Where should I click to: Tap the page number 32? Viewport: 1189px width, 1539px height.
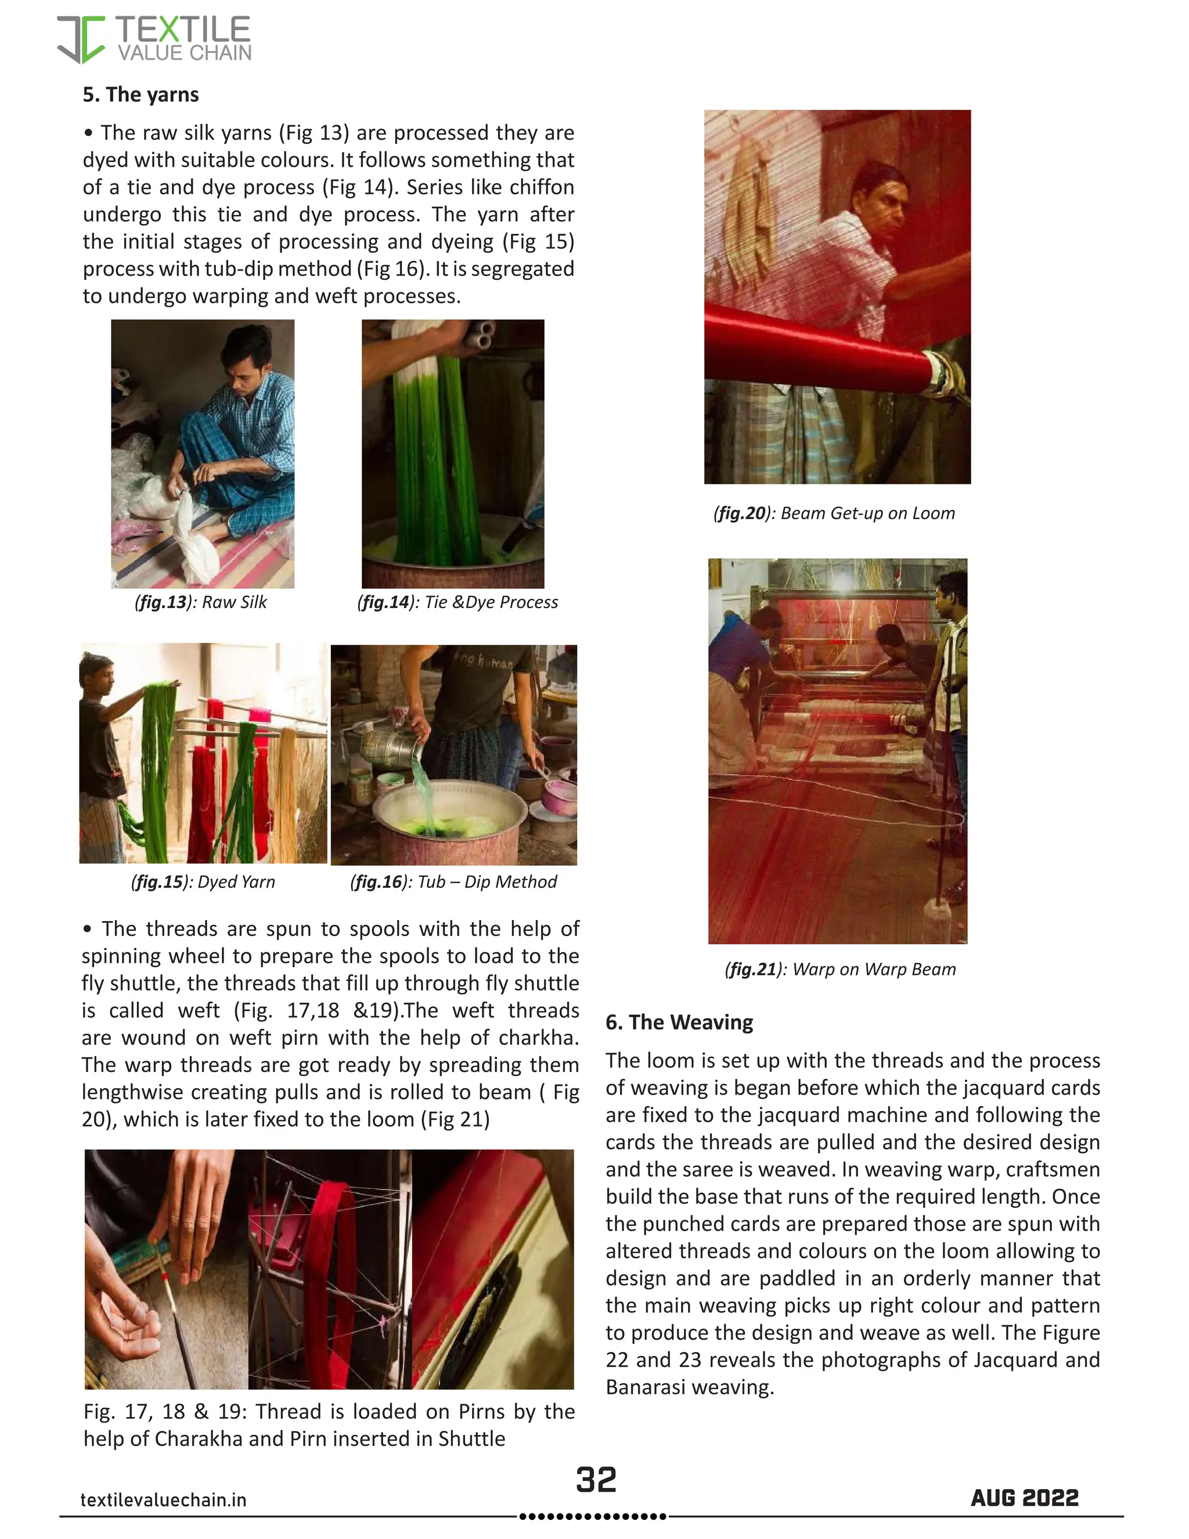(x=596, y=1479)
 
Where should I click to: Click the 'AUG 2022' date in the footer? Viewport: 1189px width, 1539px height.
(x=1024, y=1497)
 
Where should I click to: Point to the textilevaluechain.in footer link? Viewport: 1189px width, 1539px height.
(x=163, y=1500)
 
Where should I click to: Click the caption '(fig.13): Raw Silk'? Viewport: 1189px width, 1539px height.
(x=201, y=602)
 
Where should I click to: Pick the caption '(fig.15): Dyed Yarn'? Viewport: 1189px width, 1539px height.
(x=203, y=882)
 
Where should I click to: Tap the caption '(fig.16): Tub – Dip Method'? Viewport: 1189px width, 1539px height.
(x=453, y=882)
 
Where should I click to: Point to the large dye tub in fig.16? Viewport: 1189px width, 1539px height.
(x=449, y=818)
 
